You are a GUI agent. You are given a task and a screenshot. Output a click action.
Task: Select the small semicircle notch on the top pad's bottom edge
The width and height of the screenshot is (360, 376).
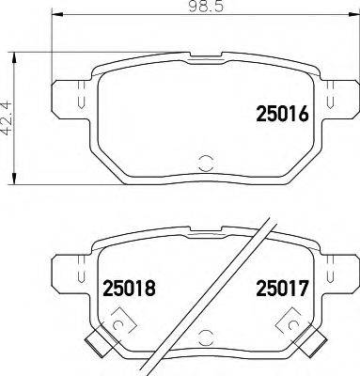pyautogui.click(x=204, y=162)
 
